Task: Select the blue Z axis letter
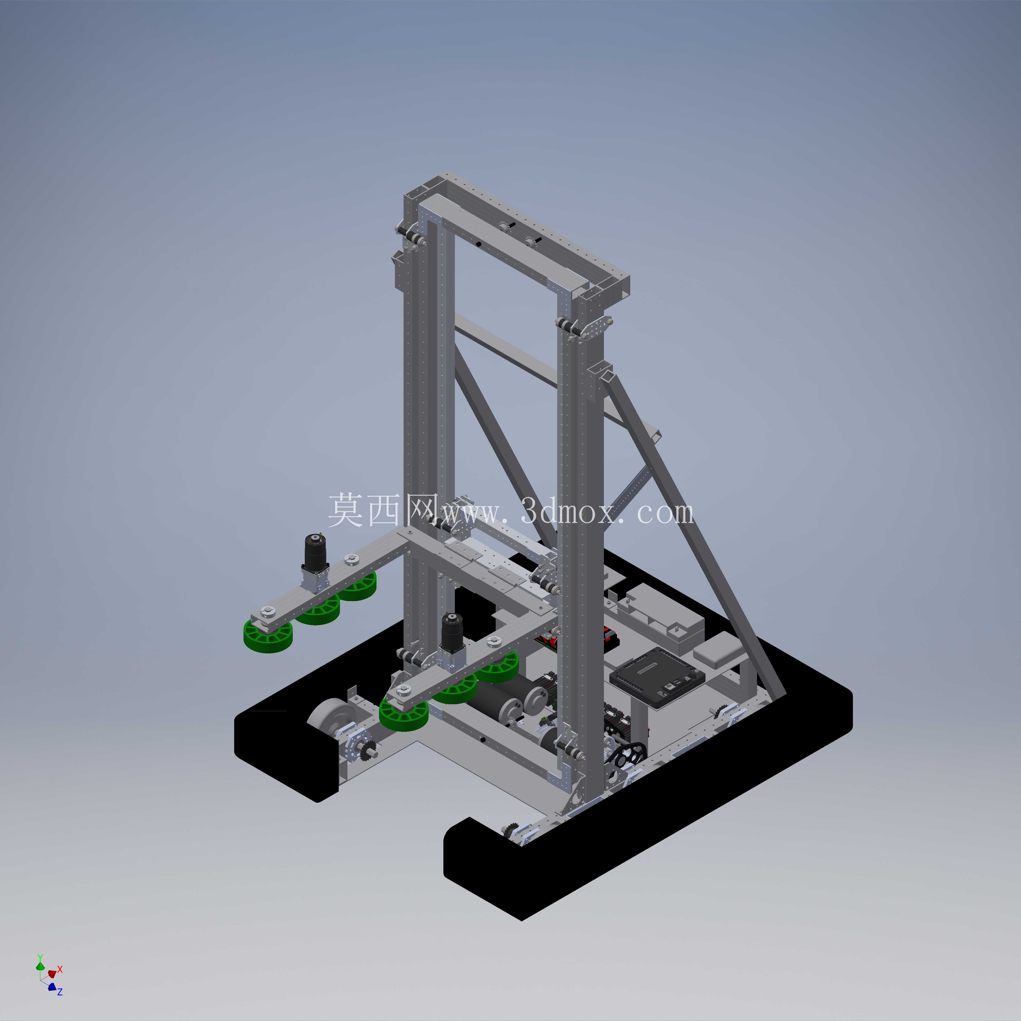pos(60,992)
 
